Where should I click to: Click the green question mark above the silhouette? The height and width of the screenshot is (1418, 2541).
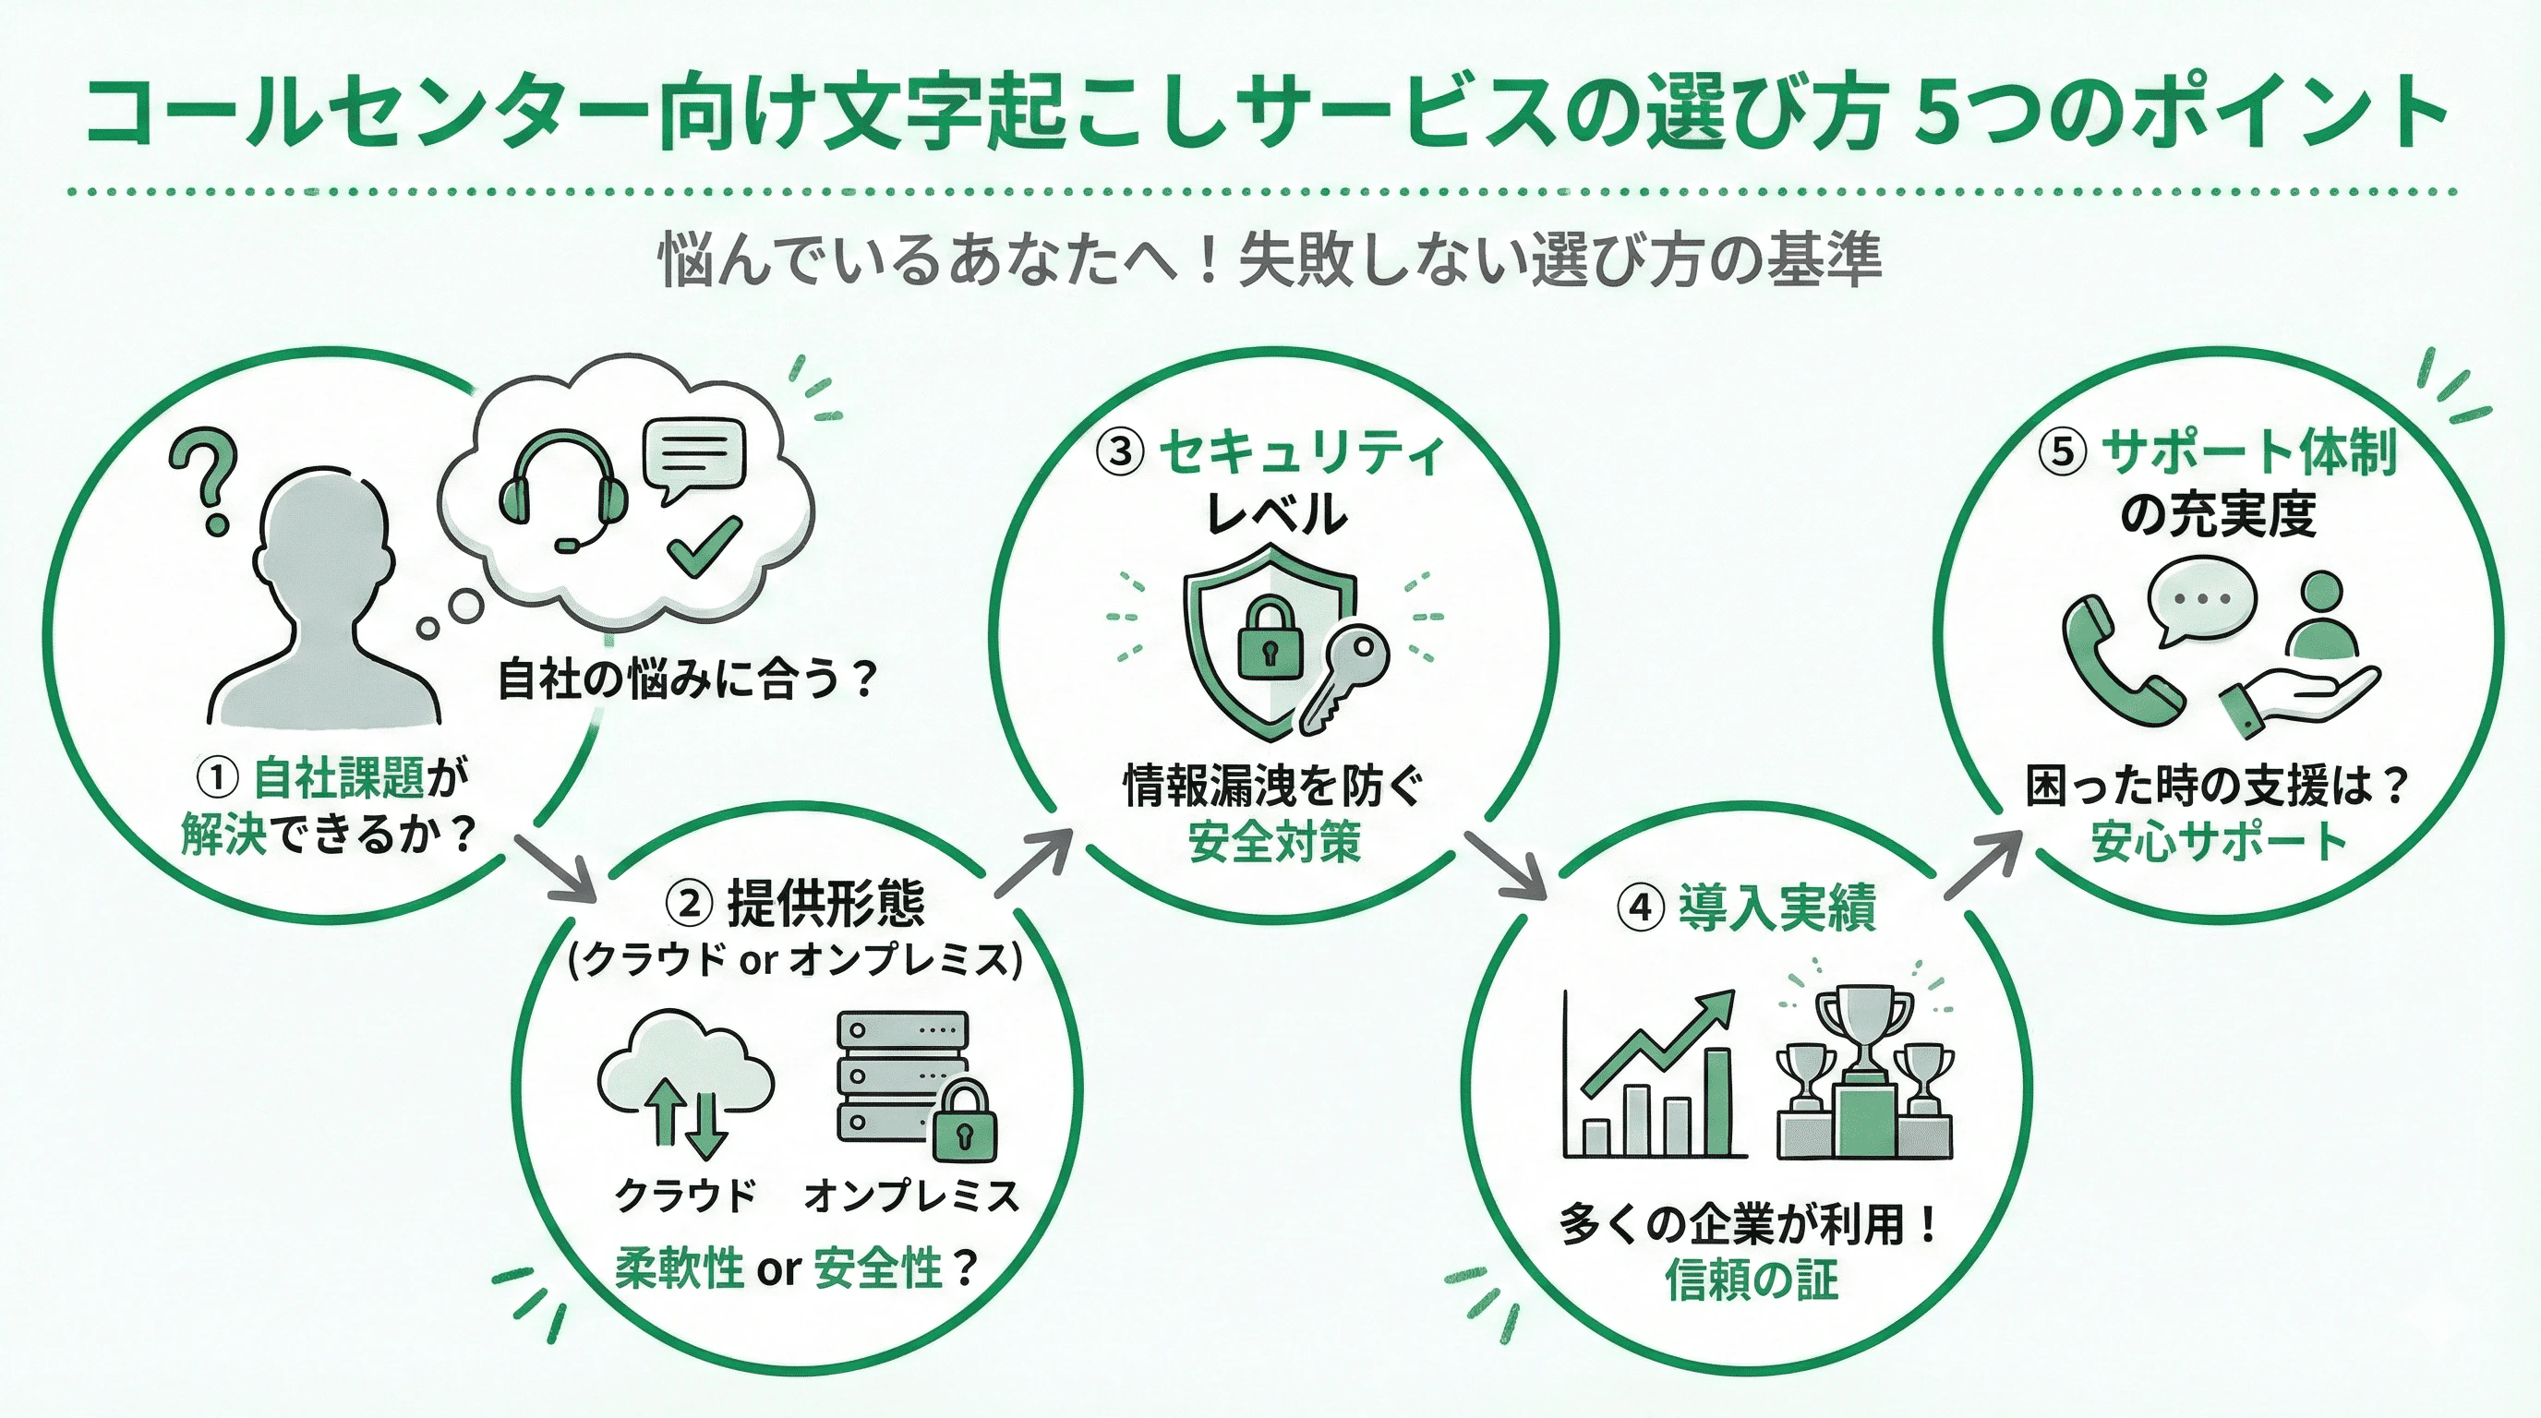click(204, 478)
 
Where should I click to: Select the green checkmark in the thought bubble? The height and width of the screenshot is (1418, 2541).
click(703, 545)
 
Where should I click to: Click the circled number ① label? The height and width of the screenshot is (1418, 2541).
click(217, 778)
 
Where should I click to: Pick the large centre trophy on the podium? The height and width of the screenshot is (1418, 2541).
click(1863, 1026)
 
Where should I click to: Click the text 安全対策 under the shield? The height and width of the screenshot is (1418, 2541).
click(1273, 841)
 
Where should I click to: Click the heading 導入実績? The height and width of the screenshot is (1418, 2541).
click(1776, 907)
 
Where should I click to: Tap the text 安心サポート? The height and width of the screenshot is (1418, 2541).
click(2219, 841)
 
